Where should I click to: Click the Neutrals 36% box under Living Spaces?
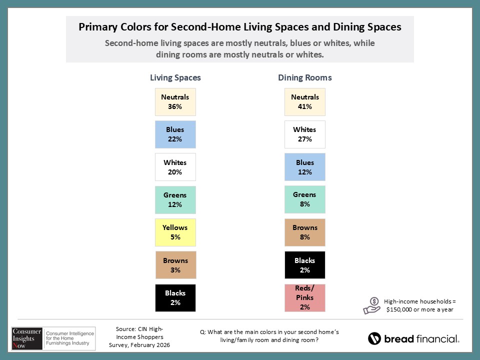click(175, 102)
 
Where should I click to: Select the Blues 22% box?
click(175, 134)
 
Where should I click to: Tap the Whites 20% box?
click(175, 167)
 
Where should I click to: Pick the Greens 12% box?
click(175, 200)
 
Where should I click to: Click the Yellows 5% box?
click(175, 232)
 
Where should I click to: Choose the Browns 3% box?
click(175, 265)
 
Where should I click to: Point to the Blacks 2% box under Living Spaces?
click(175, 298)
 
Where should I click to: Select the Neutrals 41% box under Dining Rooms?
click(304, 102)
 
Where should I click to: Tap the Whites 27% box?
click(304, 134)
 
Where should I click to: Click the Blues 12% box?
click(304, 167)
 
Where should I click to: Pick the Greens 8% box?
click(304, 199)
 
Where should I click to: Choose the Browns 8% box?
click(304, 232)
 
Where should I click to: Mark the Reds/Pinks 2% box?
click(304, 298)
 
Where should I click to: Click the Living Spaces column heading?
click(175, 78)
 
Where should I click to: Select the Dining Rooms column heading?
click(304, 78)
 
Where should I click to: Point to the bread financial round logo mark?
click(374, 338)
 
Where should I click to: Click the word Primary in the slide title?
click(97, 27)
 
